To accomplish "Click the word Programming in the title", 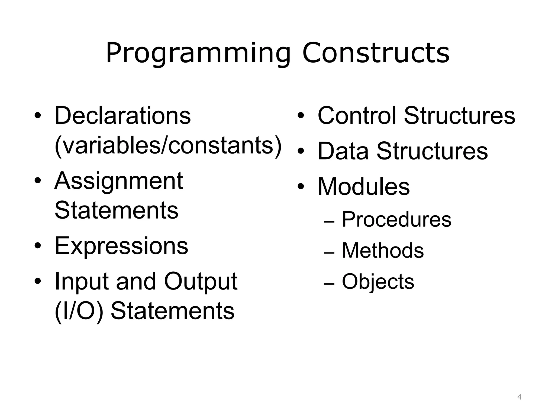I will pos(198,53).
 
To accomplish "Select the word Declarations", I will pos(122,116).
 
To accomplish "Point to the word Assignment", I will pos(119,181).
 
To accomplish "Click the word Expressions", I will pos(121,246).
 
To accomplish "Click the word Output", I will pos(201,281).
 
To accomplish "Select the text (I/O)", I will pos(79,311).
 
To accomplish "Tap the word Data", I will pos(343,151).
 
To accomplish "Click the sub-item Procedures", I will pos(396,219).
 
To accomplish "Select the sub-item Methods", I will pos(383,250).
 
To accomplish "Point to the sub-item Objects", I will pos(378,281).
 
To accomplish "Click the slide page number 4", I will pos(519,397).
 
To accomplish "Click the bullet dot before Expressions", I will pos(38,246).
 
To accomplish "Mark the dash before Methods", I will pos(329,253).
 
